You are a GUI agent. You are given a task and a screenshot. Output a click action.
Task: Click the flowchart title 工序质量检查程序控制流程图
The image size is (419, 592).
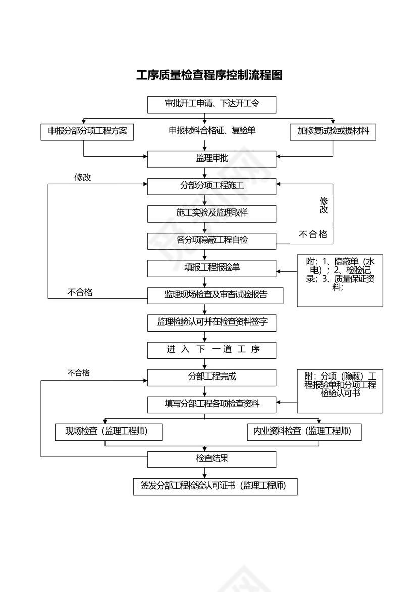[209, 75]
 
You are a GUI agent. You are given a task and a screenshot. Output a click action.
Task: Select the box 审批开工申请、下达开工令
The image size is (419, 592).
[212, 104]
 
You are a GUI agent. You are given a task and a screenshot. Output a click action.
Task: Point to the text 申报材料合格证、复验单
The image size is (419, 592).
[212, 131]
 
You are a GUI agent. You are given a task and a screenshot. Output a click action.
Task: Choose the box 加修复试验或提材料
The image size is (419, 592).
[333, 131]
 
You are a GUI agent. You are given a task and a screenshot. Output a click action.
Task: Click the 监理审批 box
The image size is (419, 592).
[212, 158]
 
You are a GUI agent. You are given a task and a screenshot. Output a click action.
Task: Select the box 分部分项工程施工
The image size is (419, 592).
[212, 186]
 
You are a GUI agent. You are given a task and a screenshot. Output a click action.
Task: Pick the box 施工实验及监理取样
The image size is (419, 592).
[212, 213]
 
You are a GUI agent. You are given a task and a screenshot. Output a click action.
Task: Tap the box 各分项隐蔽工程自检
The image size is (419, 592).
[212, 240]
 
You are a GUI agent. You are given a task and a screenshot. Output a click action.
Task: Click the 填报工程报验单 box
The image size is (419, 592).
[212, 267]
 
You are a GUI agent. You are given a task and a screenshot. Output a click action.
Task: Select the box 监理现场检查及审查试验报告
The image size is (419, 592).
[215, 295]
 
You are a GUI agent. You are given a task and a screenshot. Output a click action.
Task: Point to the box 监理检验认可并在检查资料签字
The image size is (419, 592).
[212, 322]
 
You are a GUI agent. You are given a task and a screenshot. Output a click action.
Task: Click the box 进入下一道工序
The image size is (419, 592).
[212, 349]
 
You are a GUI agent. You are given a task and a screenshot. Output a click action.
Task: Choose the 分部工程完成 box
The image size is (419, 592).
[212, 377]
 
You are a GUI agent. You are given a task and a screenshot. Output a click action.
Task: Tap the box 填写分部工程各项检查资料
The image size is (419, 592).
[212, 404]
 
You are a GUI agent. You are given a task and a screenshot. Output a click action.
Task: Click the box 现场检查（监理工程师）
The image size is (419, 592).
[109, 432]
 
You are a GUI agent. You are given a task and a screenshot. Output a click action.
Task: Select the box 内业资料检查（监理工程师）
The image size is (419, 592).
[304, 432]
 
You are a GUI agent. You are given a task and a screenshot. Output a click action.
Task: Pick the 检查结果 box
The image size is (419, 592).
[212, 459]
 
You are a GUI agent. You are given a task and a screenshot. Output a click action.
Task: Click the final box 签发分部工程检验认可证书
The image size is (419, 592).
[215, 486]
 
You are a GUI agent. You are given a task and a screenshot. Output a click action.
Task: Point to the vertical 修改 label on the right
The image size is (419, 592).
[324, 205]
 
